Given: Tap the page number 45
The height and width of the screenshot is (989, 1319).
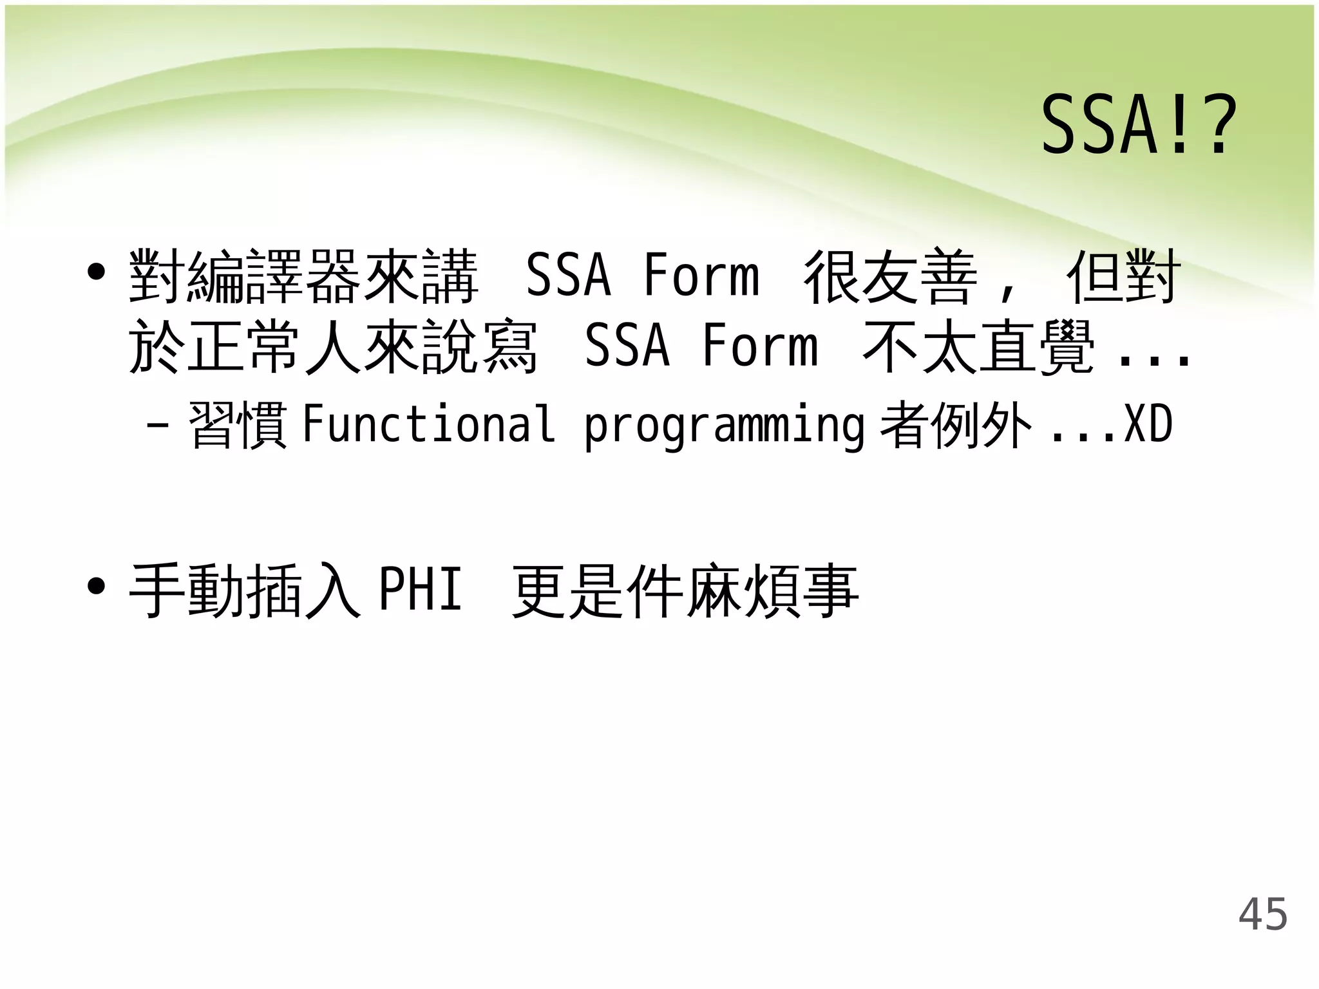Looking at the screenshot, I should (x=1262, y=914).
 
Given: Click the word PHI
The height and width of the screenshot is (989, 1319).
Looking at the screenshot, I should (x=421, y=589).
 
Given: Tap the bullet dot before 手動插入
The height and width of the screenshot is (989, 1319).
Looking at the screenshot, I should (x=96, y=587).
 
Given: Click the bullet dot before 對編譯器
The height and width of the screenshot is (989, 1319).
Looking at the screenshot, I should (x=96, y=272).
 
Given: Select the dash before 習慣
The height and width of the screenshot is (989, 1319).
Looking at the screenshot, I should (x=158, y=425).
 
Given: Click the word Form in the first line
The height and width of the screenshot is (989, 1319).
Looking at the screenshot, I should (x=701, y=276).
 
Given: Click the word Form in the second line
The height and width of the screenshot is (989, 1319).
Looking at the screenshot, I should (x=760, y=346).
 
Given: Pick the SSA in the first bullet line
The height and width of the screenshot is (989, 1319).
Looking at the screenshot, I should (x=568, y=276).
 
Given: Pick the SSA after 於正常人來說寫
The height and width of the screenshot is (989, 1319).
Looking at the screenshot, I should (x=627, y=346).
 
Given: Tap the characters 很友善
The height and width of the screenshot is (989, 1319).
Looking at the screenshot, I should (x=890, y=277).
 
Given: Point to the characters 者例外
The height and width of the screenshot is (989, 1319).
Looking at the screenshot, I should (x=956, y=425).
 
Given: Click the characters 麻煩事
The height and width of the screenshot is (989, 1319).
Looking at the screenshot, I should (x=771, y=590).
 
